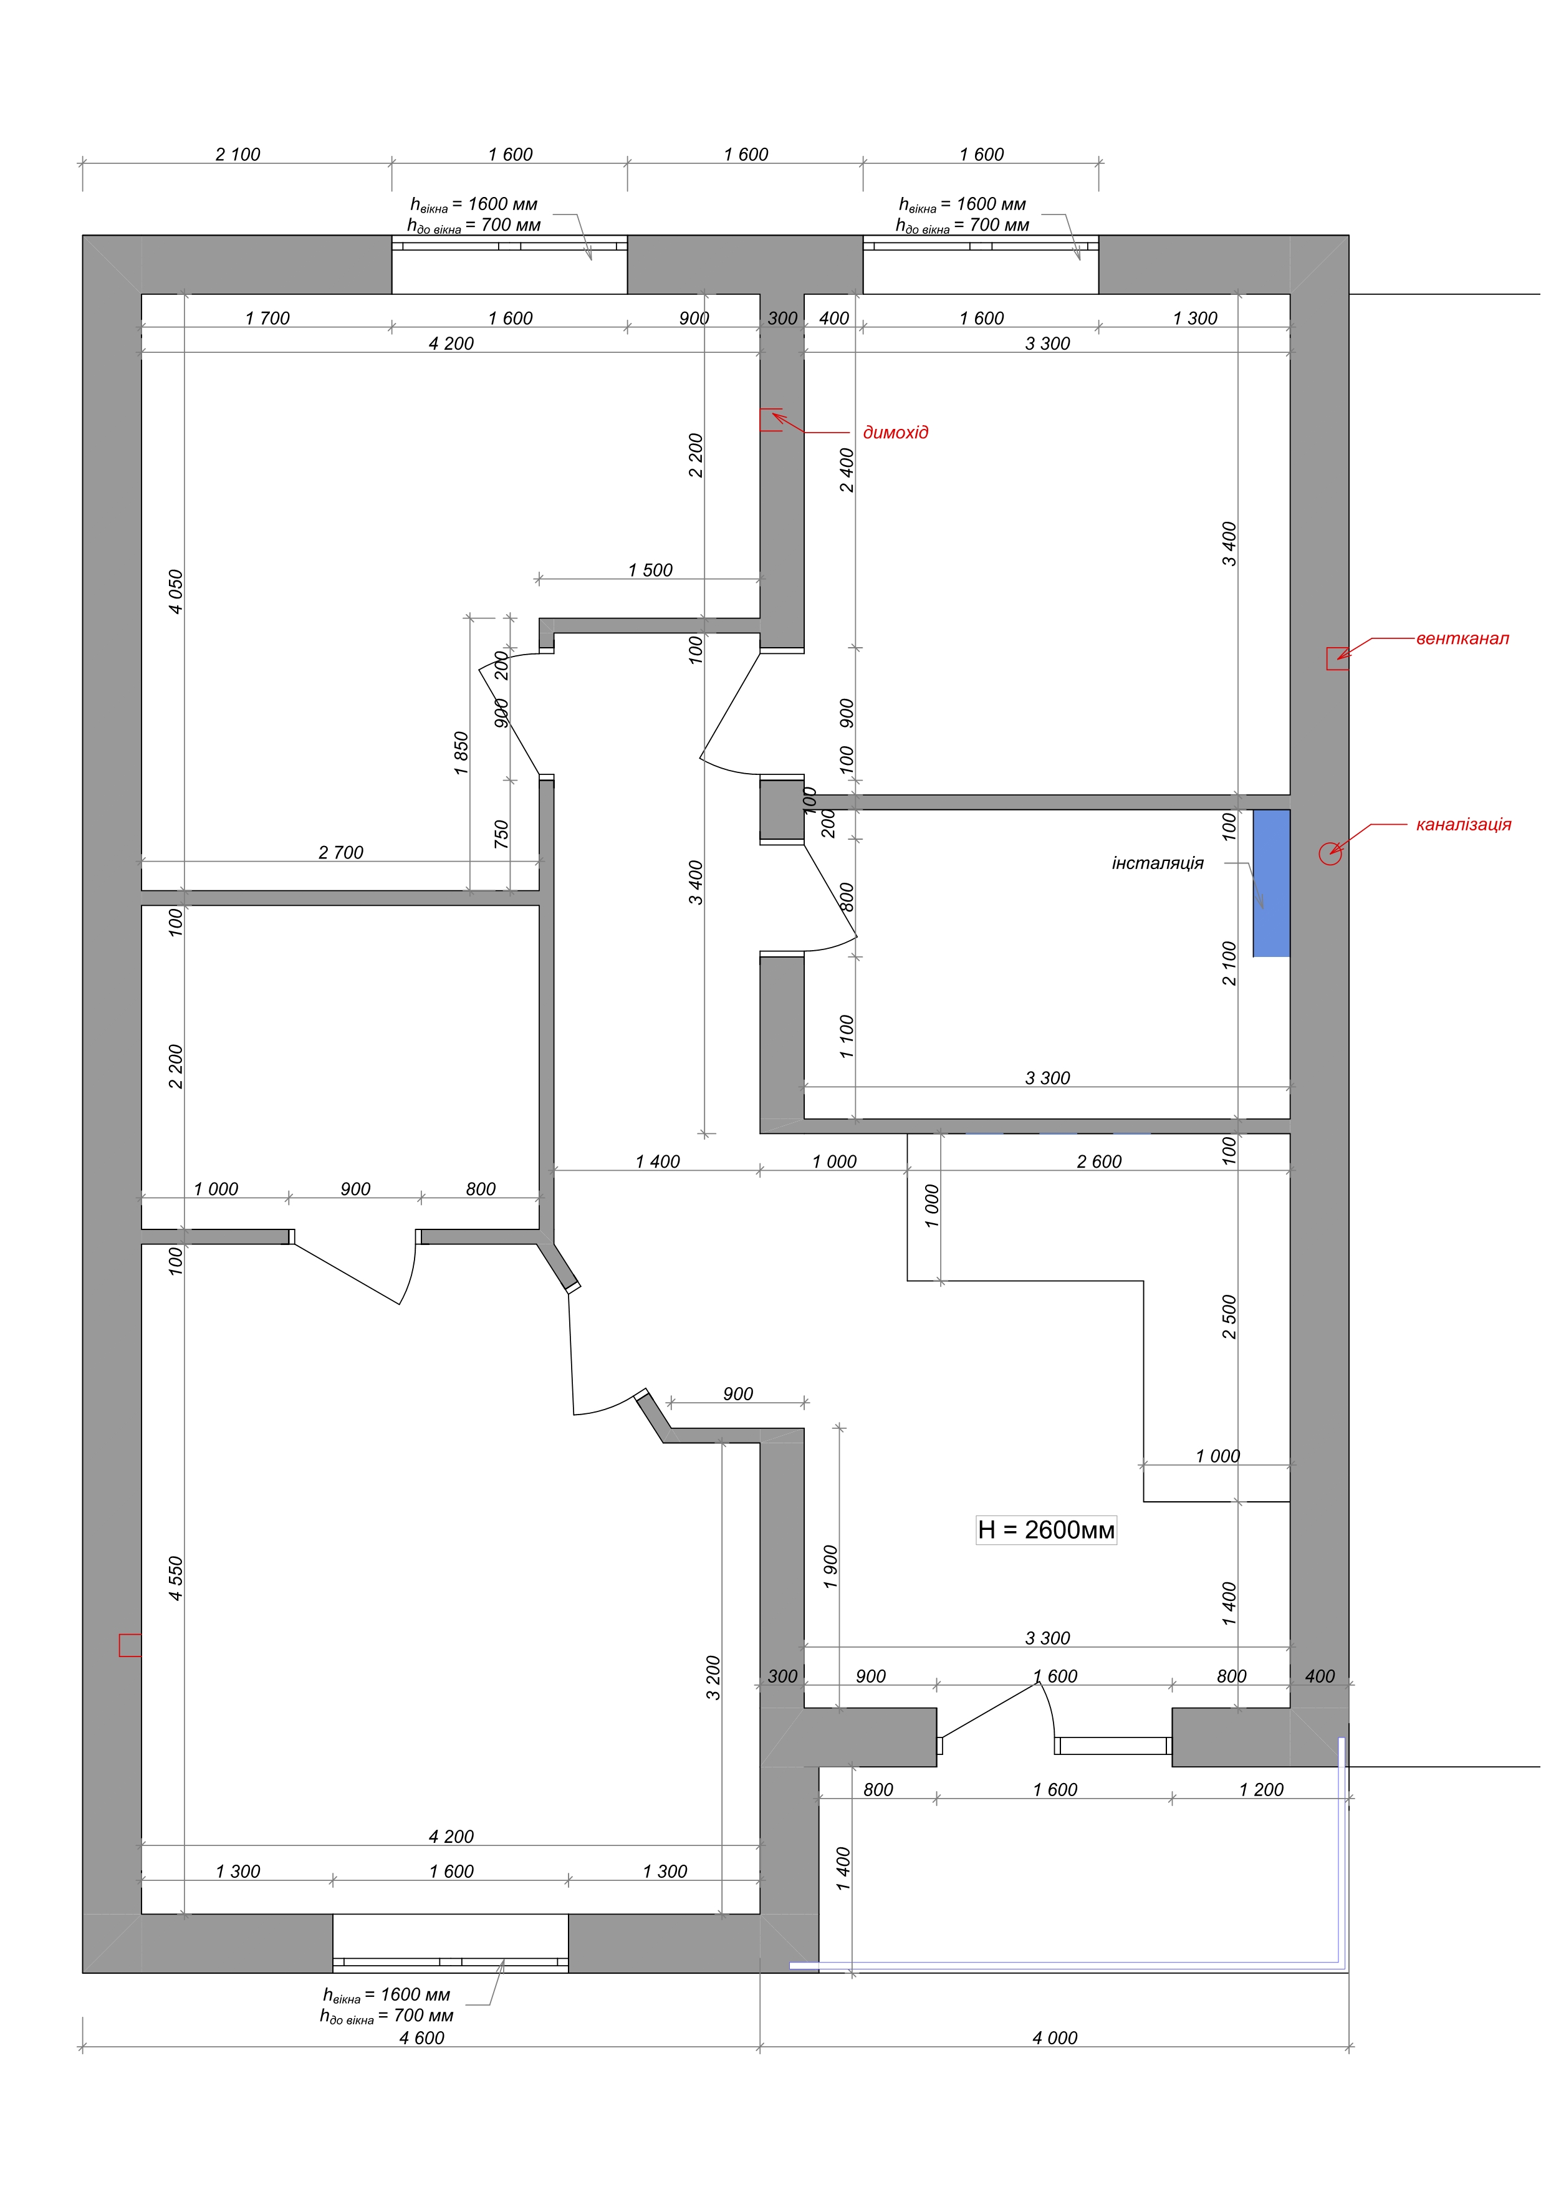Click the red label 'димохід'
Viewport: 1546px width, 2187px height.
895,433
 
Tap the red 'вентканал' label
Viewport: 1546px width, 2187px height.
1462,638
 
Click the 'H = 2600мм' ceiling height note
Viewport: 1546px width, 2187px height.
1046,1530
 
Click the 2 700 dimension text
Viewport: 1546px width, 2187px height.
341,852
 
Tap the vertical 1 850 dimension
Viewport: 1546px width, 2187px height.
461,752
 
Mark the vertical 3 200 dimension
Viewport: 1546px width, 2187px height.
713,1678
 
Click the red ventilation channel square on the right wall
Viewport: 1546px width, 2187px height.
1337,658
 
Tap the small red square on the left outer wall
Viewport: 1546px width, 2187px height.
130,1645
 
